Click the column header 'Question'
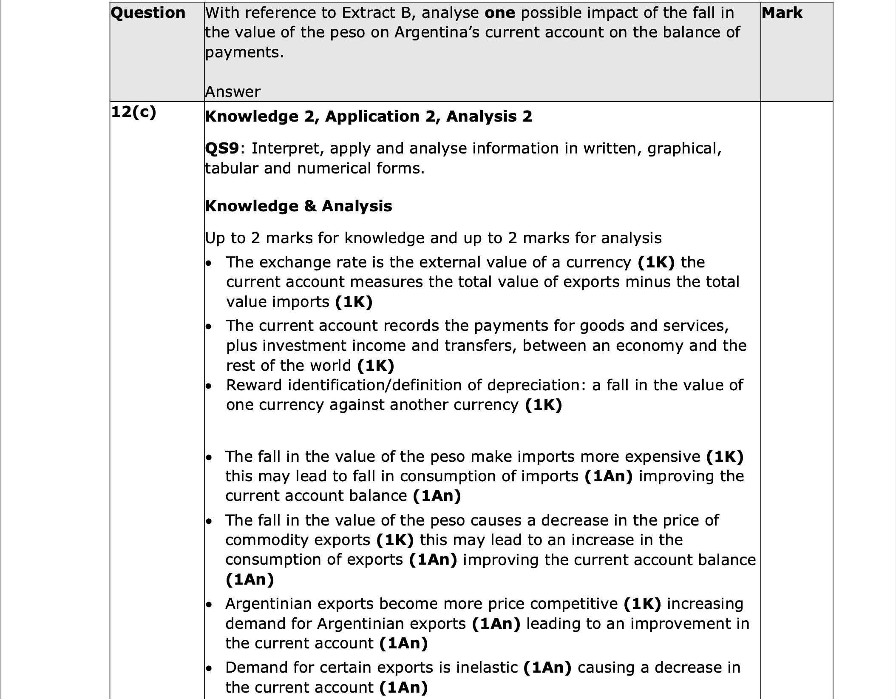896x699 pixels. (x=148, y=13)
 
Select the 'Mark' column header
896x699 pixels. (x=782, y=13)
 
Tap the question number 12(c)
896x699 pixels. (x=133, y=112)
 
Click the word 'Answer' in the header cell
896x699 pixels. (x=233, y=92)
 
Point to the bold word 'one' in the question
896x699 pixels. (x=499, y=13)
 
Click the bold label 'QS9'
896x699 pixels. (x=222, y=148)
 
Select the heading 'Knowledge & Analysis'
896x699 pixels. (x=298, y=206)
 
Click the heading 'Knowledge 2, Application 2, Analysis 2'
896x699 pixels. (x=369, y=116)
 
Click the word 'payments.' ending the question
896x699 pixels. (x=244, y=52)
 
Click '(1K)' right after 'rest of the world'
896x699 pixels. (x=376, y=365)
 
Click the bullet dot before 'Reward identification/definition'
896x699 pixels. (x=208, y=386)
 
